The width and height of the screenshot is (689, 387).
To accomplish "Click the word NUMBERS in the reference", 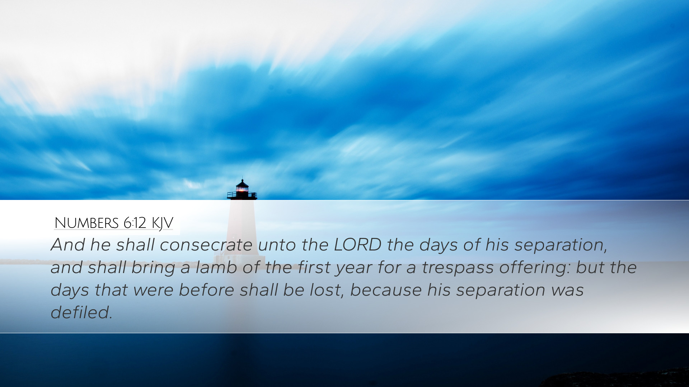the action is [86, 223].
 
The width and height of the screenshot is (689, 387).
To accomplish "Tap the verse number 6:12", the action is [135, 223].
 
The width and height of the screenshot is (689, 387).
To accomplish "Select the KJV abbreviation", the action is [163, 224].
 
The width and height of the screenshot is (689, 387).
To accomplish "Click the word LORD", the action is [357, 245].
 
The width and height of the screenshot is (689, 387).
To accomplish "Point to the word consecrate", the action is [206, 245].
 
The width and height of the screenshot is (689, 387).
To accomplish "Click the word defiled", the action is [81, 312].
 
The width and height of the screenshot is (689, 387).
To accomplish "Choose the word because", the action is [386, 290].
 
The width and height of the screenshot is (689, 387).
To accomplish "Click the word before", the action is [206, 290].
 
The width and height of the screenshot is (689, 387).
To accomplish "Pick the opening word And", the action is [68, 245].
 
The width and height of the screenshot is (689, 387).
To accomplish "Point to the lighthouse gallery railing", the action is [242, 195].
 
